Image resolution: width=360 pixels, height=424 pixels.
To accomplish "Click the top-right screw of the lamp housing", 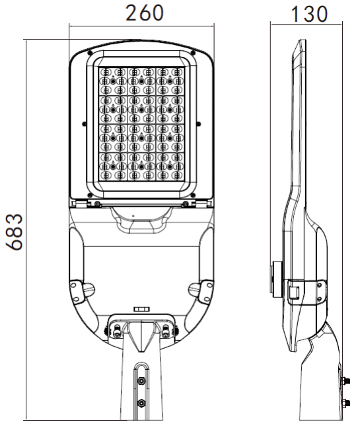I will pos(192,52).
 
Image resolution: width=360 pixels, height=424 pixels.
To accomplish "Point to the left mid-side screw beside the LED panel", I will pos(82,123).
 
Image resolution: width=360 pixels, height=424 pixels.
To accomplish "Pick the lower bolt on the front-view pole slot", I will pos(140,403).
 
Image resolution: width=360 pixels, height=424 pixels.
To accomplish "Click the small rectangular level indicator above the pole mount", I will pos(141,308).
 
